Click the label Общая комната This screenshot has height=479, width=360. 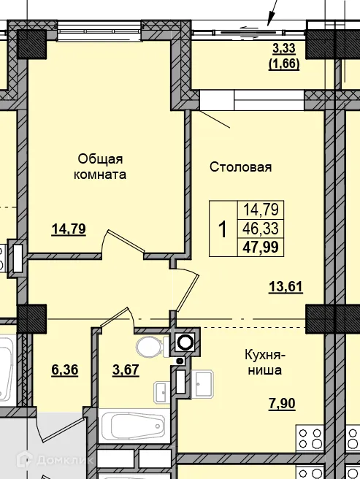(102, 166)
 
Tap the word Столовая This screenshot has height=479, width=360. (240, 167)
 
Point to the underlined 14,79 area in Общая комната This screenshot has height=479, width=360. (69, 229)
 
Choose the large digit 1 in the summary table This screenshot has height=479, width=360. (223, 229)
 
